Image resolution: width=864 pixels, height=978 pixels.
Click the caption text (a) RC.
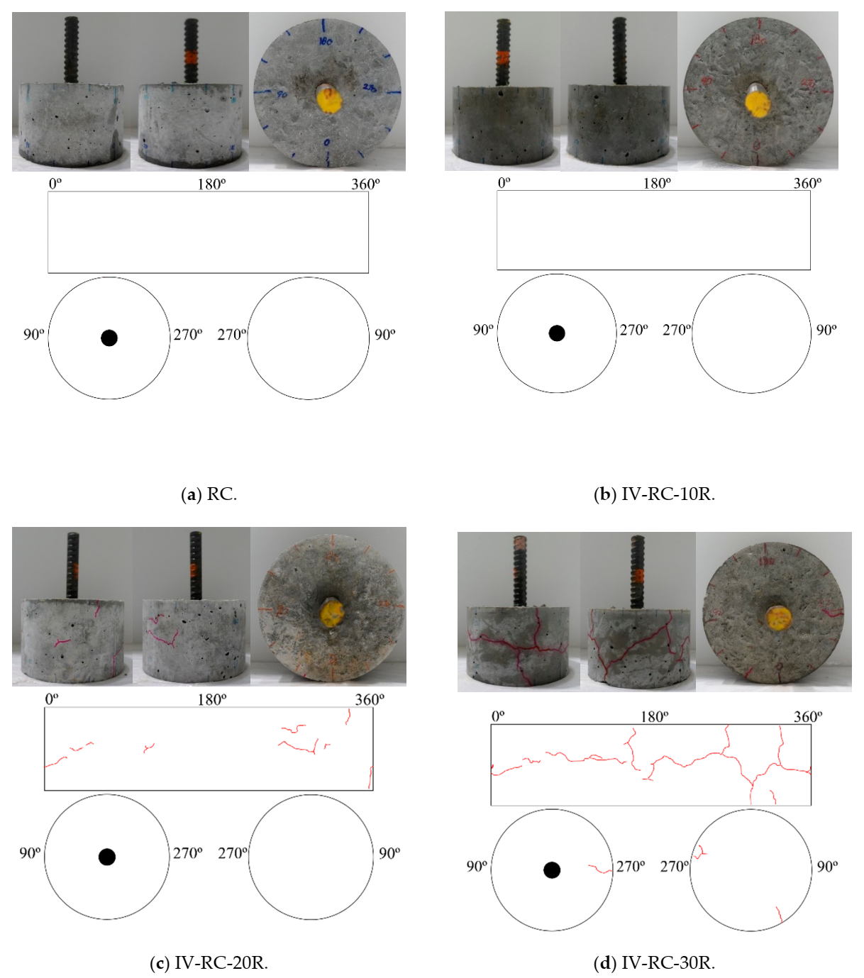tap(209, 494)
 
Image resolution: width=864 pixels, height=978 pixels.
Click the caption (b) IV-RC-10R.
tap(654, 494)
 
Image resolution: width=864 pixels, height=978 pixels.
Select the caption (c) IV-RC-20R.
tap(209, 962)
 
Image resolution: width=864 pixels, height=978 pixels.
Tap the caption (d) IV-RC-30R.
tap(654, 962)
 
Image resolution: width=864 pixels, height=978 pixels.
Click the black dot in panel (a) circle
tap(109, 338)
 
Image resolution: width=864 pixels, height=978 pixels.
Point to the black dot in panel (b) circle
tap(557, 333)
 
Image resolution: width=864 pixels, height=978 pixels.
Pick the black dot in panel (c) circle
tap(107, 857)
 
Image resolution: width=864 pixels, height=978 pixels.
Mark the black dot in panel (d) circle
tap(552, 870)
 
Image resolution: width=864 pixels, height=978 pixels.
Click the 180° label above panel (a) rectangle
tap(211, 184)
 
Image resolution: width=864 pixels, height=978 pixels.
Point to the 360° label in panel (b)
tap(807, 184)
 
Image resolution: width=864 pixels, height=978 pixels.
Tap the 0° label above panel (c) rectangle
tap(52, 699)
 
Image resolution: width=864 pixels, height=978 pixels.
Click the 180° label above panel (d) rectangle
tap(654, 716)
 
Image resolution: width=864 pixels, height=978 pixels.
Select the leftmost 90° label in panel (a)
tap(33, 334)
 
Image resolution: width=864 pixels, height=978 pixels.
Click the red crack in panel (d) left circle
tap(600, 868)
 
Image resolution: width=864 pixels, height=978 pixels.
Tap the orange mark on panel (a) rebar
tap(191, 57)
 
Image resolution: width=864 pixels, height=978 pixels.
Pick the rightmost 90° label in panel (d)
tap(826, 866)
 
